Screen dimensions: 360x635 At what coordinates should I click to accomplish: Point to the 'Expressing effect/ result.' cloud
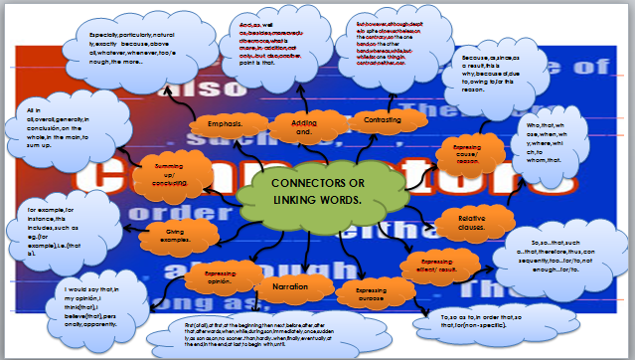tap(434, 266)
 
